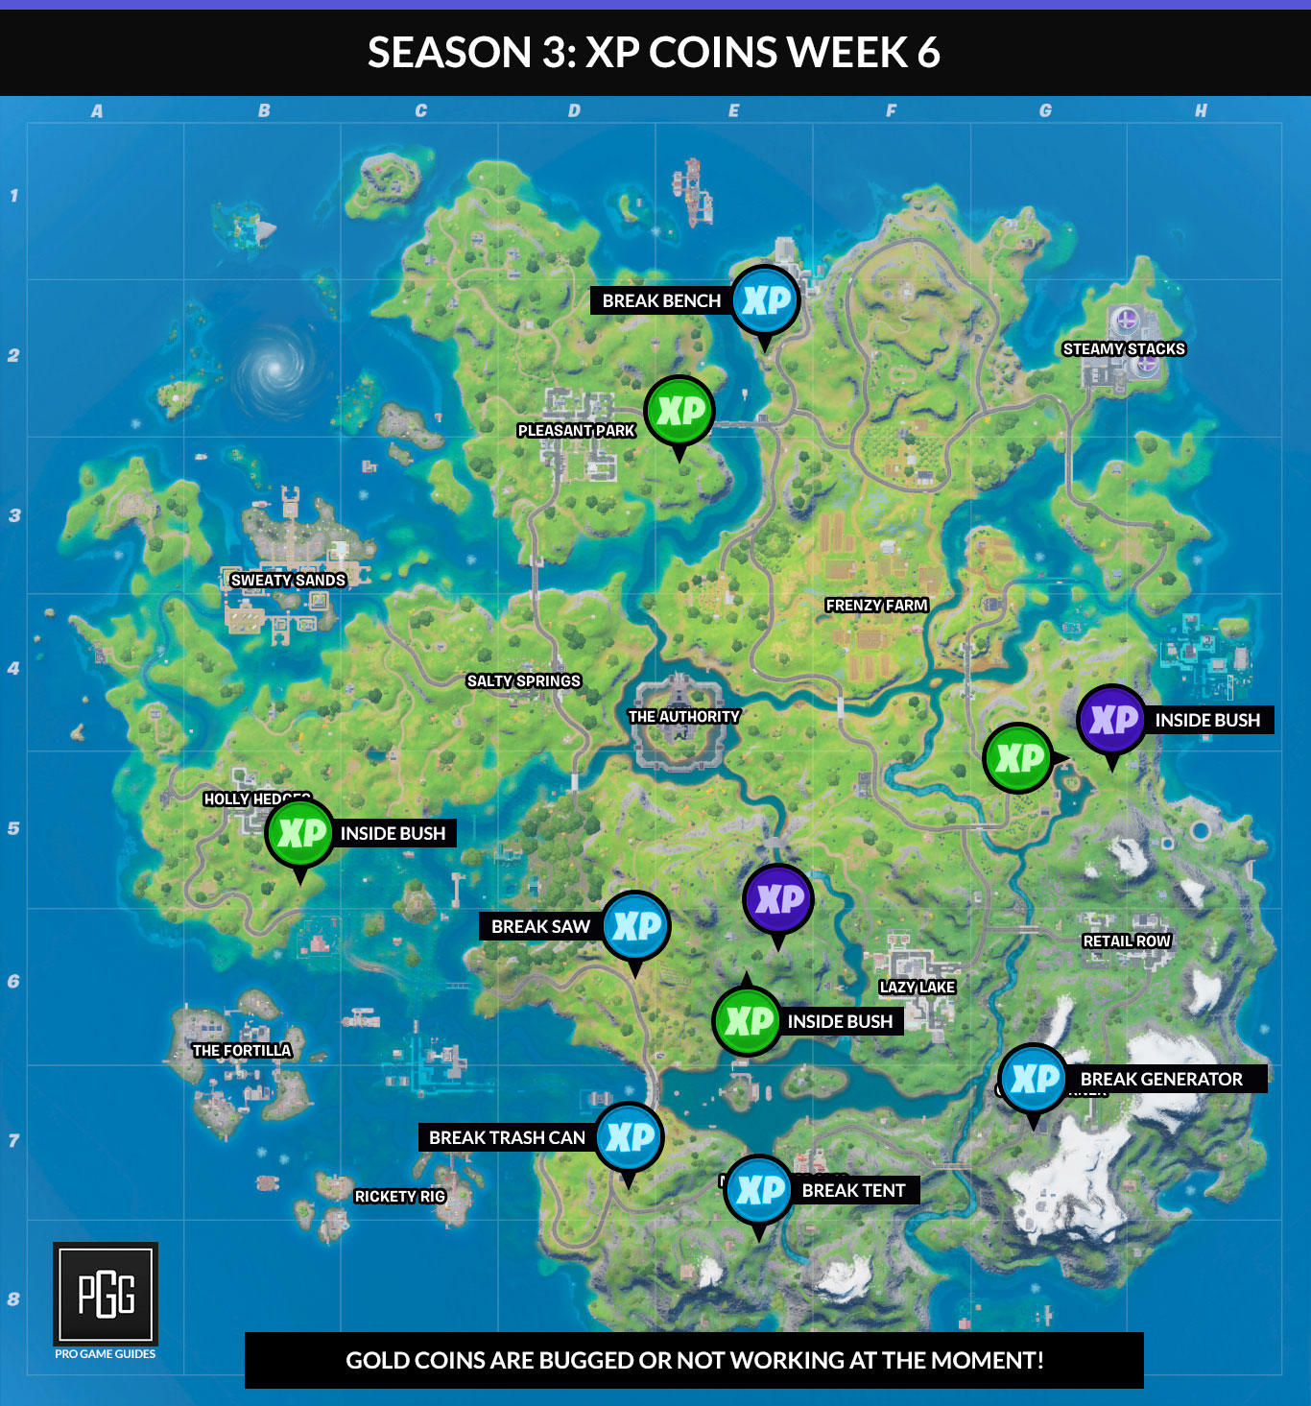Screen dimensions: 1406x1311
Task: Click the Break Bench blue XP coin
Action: pos(766,300)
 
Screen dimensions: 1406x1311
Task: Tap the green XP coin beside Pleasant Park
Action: pos(679,411)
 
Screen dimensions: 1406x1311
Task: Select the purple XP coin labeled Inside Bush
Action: pos(1111,720)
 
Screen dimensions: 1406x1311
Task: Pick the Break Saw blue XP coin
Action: pos(636,926)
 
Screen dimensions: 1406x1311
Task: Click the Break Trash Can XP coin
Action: pos(629,1137)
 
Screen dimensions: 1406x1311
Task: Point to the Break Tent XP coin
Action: pos(759,1190)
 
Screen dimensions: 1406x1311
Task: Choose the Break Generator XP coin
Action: pos(1033,1079)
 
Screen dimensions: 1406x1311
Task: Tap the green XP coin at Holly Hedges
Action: pos(300,833)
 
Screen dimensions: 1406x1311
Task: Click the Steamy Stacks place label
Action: pos(1124,349)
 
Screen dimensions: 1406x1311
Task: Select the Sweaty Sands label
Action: pos(288,581)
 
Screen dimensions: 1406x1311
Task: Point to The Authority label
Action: pos(683,717)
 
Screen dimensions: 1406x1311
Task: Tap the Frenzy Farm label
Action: pos(876,606)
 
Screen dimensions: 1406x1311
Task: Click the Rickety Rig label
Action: pos(400,1197)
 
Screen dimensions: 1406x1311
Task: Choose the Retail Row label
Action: pos(1127,941)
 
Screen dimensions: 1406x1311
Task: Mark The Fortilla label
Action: pos(242,1051)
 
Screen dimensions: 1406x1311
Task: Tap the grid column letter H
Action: pos(1201,110)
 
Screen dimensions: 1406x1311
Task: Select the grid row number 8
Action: pos(13,1299)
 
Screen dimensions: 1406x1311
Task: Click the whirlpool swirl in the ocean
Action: pos(274,366)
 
